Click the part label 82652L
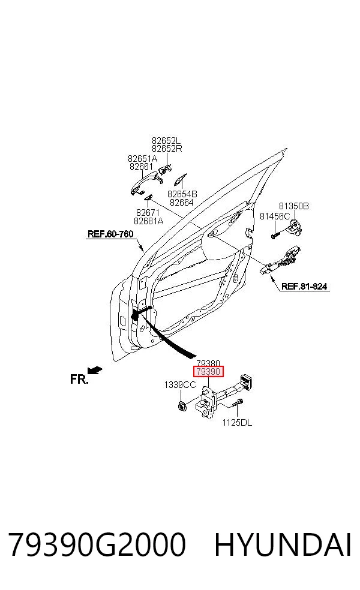coord(166,140)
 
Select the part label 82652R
coord(167,148)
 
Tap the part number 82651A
coord(142,158)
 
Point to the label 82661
coord(141,166)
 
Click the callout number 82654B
coord(182,194)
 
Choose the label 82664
coord(182,203)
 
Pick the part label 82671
coord(148,213)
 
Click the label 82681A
coord(148,221)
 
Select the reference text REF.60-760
coord(110,234)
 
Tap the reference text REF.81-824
coord(304,287)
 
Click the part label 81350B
coord(294,206)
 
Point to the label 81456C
coord(275,216)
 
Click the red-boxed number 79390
coord(208,372)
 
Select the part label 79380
coord(208,363)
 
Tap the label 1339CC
coord(180,385)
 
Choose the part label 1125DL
coord(237,423)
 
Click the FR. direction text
coord(79,380)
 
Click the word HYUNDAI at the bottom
coord(283,544)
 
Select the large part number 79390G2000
coord(97,544)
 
